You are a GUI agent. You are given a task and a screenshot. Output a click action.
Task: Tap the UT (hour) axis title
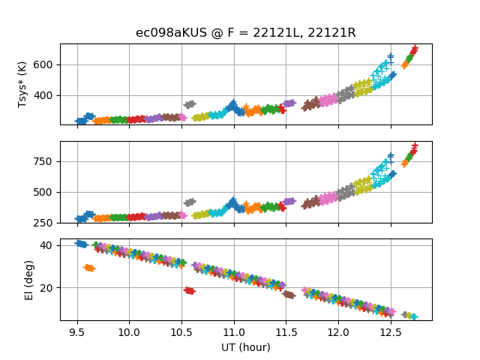coord(246,347)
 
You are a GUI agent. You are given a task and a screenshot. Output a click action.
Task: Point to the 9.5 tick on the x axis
coord(76,331)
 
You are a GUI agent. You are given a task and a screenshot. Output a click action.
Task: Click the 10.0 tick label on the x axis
coord(129,331)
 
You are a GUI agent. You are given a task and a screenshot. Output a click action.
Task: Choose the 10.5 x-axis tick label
coord(181,331)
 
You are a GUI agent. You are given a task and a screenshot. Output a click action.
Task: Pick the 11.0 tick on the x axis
coord(233,331)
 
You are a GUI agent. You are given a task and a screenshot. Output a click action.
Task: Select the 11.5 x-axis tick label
coord(286,331)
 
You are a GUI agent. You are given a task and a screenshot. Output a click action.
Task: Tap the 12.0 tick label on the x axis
coord(338,331)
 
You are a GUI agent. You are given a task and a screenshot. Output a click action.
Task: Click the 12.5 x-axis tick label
coord(390,331)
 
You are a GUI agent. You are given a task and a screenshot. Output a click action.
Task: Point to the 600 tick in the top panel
coord(46,64)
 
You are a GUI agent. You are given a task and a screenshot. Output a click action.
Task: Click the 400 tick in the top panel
coord(46,95)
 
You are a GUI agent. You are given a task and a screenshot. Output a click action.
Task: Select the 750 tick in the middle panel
coord(46,161)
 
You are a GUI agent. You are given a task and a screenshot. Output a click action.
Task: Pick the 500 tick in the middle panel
coord(46,192)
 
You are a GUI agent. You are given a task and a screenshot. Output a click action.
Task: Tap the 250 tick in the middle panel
coord(46,223)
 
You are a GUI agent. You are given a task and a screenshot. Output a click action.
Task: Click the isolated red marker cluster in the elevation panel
coord(190,290)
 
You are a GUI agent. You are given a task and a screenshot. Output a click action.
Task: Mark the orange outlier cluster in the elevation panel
coord(89,268)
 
